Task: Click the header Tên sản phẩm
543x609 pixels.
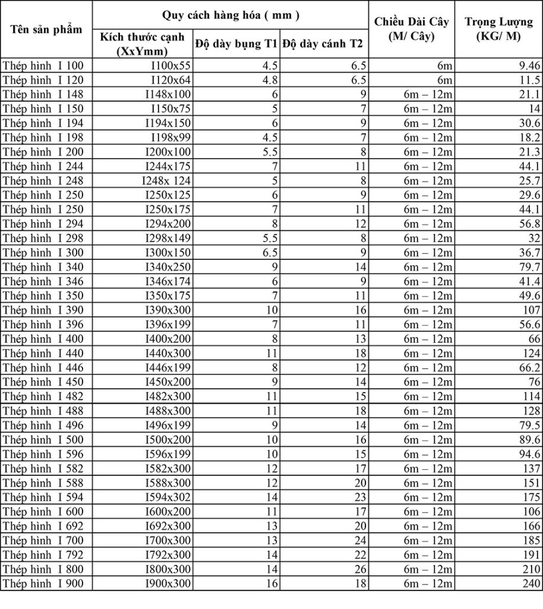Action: coord(46,29)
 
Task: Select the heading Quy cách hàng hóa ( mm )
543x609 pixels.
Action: coord(231,15)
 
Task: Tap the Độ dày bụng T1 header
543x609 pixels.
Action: coord(236,44)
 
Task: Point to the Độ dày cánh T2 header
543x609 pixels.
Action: coord(323,44)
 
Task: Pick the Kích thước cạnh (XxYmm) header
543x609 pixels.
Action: coord(143,44)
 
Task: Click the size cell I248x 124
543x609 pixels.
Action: coord(167,180)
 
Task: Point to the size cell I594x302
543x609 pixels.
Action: coord(168,497)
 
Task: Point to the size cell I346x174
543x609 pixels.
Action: coord(168,281)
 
